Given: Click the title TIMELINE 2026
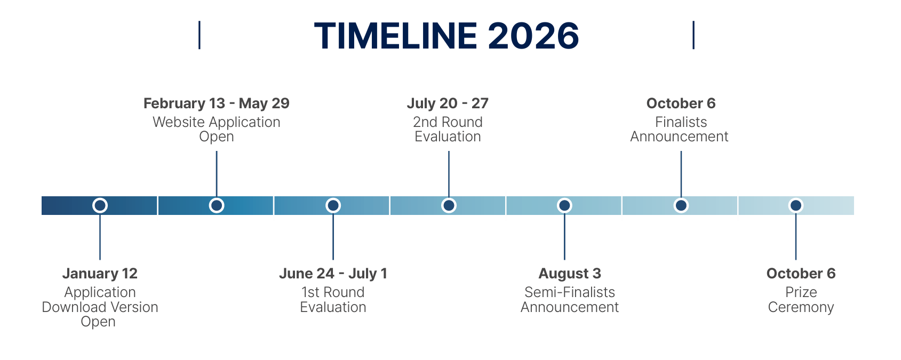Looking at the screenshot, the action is pyautogui.click(x=446, y=36).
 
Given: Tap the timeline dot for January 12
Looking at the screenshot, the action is pyautogui.click(x=100, y=205).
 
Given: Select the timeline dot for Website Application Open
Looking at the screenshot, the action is pyautogui.click(x=217, y=205).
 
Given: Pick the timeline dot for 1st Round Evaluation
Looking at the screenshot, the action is pyautogui.click(x=333, y=205).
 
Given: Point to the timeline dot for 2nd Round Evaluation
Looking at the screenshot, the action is pyautogui.click(x=449, y=205).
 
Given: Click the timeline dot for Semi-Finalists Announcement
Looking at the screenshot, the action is pyautogui.click(x=565, y=205).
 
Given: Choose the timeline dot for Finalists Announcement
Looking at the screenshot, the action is pyautogui.click(x=681, y=205).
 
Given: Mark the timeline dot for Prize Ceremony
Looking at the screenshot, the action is pyautogui.click(x=795, y=205).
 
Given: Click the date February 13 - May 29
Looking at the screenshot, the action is pyautogui.click(x=217, y=104).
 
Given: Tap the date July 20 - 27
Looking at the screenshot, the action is pyautogui.click(x=448, y=104).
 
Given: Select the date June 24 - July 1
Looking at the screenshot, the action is pyautogui.click(x=333, y=274).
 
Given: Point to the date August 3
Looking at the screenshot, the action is pyautogui.click(x=570, y=274).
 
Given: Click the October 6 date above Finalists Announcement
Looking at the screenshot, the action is pyautogui.click(x=681, y=103).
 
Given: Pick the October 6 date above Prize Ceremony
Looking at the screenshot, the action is pyautogui.click(x=801, y=274).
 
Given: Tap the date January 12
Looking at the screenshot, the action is pyautogui.click(x=100, y=274).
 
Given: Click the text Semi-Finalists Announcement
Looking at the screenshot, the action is pyautogui.click(x=570, y=300).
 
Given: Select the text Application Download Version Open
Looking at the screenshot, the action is pyautogui.click(x=100, y=307).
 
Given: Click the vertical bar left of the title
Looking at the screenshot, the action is pyautogui.click(x=200, y=35).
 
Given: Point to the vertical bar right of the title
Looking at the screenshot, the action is pyautogui.click(x=693, y=35).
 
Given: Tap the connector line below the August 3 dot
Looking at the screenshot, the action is pyautogui.click(x=565, y=236).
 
